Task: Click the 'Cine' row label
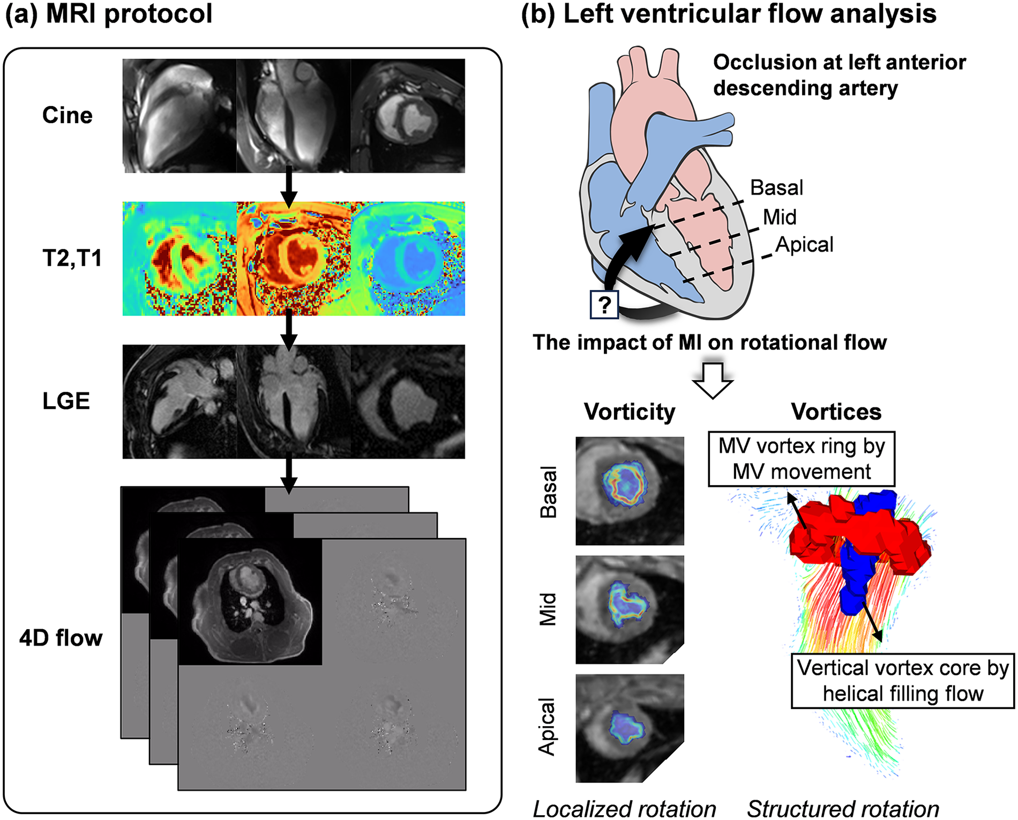(67, 115)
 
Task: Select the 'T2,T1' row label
(72, 258)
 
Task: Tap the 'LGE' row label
(66, 401)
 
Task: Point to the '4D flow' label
(61, 638)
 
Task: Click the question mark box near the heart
(604, 305)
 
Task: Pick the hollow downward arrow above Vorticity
(713, 380)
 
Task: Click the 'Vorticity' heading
(630, 412)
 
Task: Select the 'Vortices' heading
(836, 412)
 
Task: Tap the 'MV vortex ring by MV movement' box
(802, 459)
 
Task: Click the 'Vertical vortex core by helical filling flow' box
(903, 681)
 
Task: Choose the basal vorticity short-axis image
(630, 490)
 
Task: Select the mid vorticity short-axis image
(630, 609)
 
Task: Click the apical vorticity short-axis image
(630, 728)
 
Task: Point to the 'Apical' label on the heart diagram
(804, 244)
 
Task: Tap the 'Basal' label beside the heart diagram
(776, 188)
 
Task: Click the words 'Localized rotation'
(624, 809)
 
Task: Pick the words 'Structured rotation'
(843, 809)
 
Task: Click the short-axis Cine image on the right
(408, 116)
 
